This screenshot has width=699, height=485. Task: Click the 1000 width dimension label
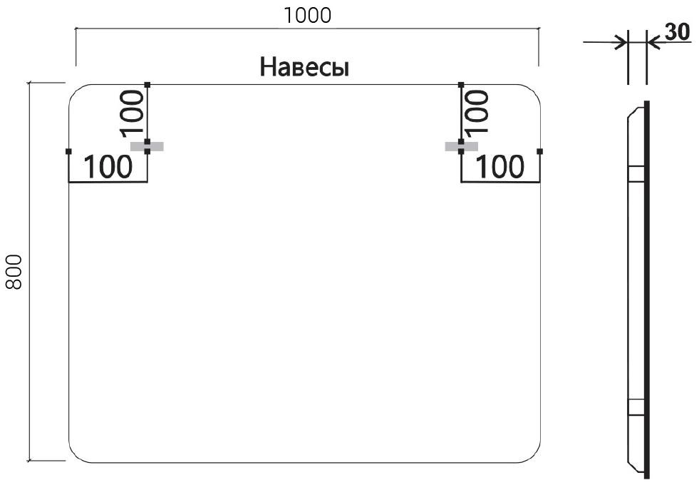pyautogui.click(x=308, y=16)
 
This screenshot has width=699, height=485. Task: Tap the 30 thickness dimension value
pyautogui.click(x=677, y=31)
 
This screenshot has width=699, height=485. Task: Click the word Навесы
pyautogui.click(x=304, y=67)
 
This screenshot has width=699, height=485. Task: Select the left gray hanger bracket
pyautogui.click(x=147, y=146)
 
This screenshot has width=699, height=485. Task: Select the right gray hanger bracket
pyautogui.click(x=462, y=146)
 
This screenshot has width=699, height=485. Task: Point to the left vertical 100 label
pyautogui.click(x=133, y=113)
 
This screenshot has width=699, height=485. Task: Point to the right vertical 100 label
pyautogui.click(x=477, y=112)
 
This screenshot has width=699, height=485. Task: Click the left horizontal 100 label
pyautogui.click(x=108, y=167)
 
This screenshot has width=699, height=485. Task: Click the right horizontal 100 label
pyautogui.click(x=499, y=167)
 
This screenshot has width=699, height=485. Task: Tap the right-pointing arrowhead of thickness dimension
pyautogui.click(x=621, y=43)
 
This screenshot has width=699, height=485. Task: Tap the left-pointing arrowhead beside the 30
pyautogui.click(x=653, y=43)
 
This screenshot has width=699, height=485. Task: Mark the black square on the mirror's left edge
pyautogui.click(x=68, y=151)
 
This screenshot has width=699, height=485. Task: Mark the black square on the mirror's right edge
pyautogui.click(x=540, y=151)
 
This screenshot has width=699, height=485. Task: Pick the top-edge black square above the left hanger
pyautogui.click(x=147, y=84)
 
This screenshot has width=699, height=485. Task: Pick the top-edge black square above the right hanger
pyautogui.click(x=461, y=84)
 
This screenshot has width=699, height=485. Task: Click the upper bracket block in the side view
pyautogui.click(x=636, y=173)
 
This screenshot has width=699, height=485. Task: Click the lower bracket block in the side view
pyautogui.click(x=636, y=407)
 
